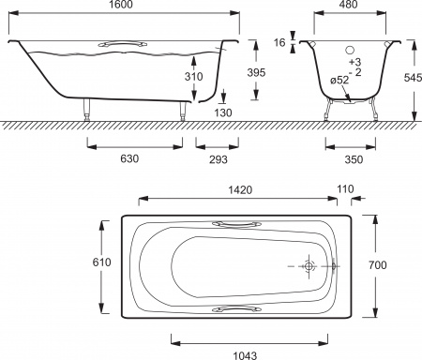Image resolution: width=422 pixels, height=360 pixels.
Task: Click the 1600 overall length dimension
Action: tap(121, 5)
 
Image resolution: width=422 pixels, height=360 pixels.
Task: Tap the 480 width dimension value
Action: tap(348, 5)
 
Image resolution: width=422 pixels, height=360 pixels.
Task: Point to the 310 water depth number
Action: tap(193, 76)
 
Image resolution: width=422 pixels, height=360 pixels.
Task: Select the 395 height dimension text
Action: tap(256, 72)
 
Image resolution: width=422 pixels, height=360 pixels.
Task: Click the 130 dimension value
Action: tap(223, 112)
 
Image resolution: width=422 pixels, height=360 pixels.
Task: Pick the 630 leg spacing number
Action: tap(129, 158)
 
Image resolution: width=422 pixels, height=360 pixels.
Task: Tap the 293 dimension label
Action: tap(219, 159)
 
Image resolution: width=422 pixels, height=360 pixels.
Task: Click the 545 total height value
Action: tap(413, 78)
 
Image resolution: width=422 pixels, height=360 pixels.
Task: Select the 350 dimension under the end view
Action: tap(354, 159)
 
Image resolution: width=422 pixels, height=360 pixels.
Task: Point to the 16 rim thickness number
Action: tap(279, 42)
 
